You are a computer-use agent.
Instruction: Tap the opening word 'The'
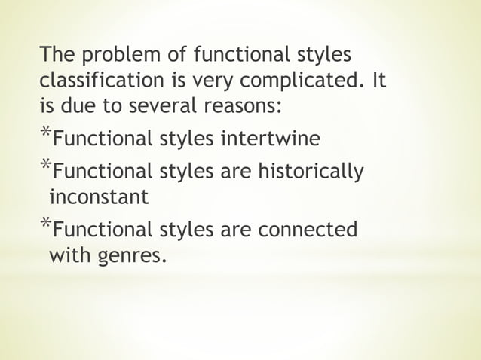coord(57,56)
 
